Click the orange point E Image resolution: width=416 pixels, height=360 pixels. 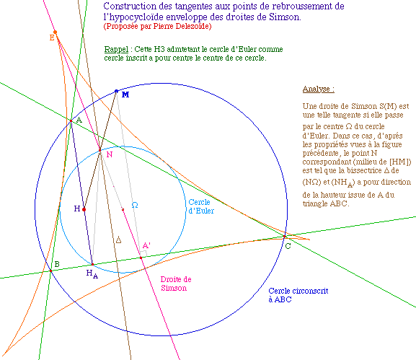point(56,32)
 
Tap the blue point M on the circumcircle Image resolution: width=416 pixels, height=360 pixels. point(116,92)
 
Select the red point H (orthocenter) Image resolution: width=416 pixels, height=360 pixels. point(84,210)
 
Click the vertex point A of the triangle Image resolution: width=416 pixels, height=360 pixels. point(71,121)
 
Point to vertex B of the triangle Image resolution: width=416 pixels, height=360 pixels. point(51,271)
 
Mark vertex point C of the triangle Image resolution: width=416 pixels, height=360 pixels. point(284,237)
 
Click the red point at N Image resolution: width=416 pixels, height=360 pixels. point(100,151)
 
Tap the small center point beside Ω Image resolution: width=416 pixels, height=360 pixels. point(123,210)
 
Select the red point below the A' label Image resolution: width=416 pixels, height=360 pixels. point(141,258)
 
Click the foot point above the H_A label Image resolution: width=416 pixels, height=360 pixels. point(92,265)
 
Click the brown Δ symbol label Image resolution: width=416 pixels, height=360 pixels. point(118,240)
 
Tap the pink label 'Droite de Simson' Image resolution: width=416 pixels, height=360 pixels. point(176,284)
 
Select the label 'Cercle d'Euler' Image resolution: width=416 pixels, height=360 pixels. point(201,206)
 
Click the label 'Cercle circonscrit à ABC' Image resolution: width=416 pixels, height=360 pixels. point(298,295)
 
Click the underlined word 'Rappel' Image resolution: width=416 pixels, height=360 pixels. point(116,49)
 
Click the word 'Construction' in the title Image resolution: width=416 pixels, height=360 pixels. point(126,6)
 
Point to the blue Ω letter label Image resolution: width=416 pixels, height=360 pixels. point(135,205)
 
